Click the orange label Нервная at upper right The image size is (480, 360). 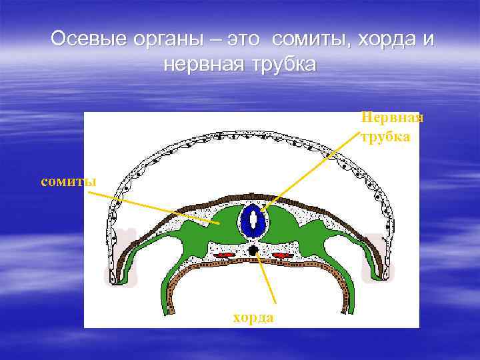pyautogui.click(x=392, y=118)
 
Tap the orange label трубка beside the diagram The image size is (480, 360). pyautogui.click(x=386, y=137)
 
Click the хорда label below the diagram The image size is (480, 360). pyautogui.click(x=253, y=317)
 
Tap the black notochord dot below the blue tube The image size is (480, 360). pyautogui.click(x=253, y=249)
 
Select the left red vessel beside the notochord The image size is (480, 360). pyautogui.click(x=225, y=255)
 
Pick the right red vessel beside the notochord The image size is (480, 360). pyautogui.click(x=282, y=255)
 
